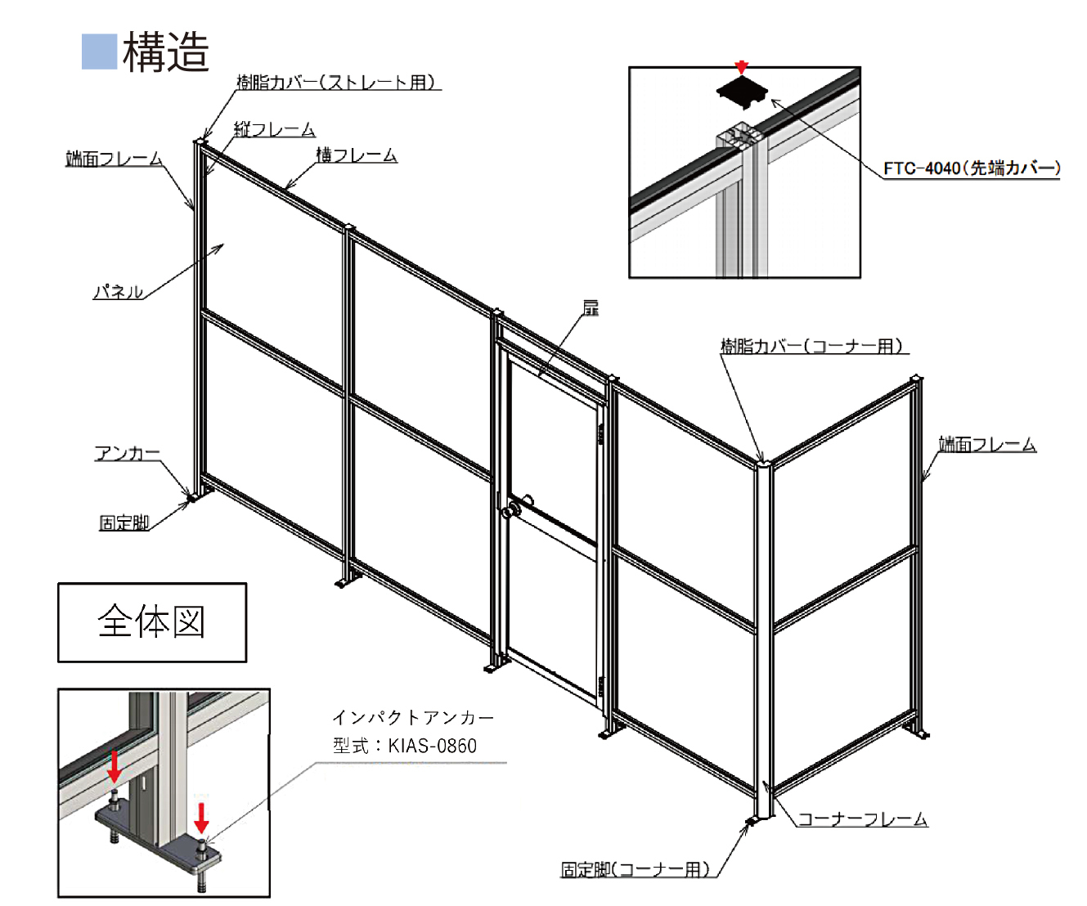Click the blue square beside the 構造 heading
pos(100,52)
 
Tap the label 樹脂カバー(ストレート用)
pos(337,82)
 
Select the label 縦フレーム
pos(274,129)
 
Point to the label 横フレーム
pos(357,155)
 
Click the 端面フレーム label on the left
pos(114,159)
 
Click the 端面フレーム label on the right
pos(986,444)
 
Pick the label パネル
pos(119,291)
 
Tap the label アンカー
pos(128,453)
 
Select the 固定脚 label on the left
pos(124,523)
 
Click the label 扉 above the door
pos(591,307)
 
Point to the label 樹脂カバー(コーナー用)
pos(813,346)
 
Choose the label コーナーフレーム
pos(862,819)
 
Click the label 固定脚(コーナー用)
pos(636,869)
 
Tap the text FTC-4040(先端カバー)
pos(972,168)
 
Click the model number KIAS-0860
pos(432,745)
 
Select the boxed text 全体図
pos(151,622)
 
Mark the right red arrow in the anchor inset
pos(201,817)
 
